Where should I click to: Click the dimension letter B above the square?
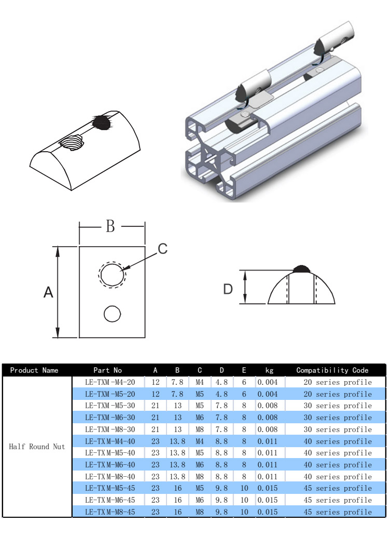click(x=110, y=226)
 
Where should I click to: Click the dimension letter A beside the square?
click(x=48, y=292)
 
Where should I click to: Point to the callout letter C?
click(x=163, y=249)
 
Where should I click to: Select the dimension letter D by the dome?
click(x=228, y=289)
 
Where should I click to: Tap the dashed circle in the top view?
click(x=113, y=274)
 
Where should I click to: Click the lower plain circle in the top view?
click(x=112, y=314)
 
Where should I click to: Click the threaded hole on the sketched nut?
click(x=71, y=141)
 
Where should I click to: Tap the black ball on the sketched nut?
click(x=101, y=122)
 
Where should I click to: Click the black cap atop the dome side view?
click(x=302, y=268)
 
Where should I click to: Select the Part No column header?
click(x=107, y=370)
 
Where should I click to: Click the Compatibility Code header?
click(x=332, y=370)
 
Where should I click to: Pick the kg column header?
click(x=269, y=370)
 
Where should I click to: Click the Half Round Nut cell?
click(x=37, y=447)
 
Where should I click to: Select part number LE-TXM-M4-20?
click(x=110, y=382)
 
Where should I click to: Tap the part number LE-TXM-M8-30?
click(x=110, y=429)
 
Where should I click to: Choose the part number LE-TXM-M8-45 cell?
click(x=110, y=512)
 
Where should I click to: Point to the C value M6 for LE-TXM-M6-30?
click(x=200, y=418)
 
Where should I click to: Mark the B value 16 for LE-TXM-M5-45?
click(x=177, y=488)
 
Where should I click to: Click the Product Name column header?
click(x=34, y=370)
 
